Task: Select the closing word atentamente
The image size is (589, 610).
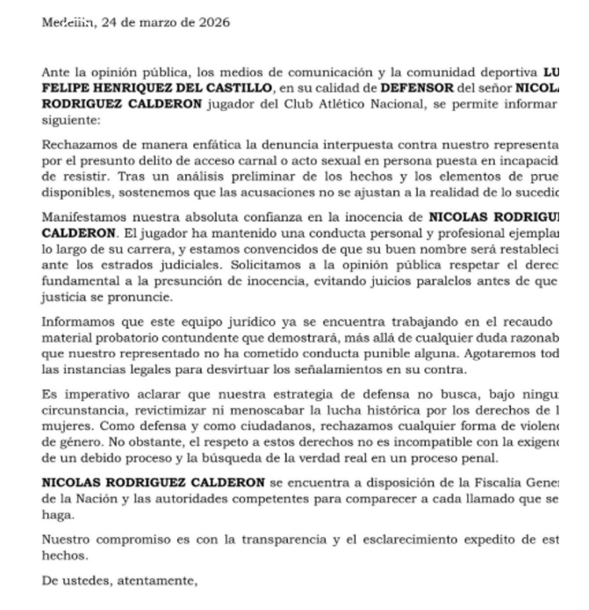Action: [153, 579]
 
